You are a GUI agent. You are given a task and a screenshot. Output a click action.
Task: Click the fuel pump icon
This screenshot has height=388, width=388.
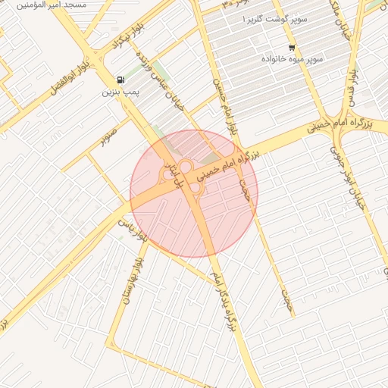[x=120, y=80]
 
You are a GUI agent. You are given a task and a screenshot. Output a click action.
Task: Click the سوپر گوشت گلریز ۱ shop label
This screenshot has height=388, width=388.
[x=275, y=18]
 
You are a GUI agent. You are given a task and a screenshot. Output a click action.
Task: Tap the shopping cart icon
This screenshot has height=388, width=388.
[x=292, y=48]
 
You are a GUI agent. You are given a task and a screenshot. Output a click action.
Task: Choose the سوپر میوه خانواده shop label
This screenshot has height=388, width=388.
[x=292, y=59]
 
